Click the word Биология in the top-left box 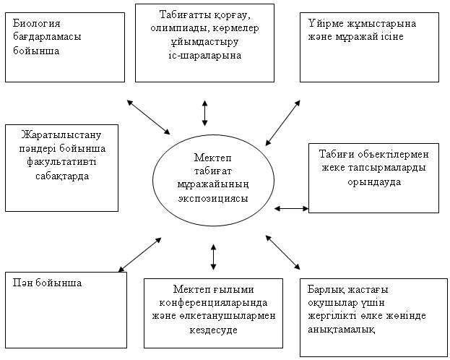(x=36, y=23)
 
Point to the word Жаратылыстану (x=61, y=134)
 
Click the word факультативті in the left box (x=61, y=162)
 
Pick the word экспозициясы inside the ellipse (x=213, y=199)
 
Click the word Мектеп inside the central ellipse (x=212, y=158)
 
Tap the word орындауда (x=374, y=182)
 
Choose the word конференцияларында (x=213, y=303)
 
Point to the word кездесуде (x=213, y=330)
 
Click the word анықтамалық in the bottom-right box (x=341, y=330)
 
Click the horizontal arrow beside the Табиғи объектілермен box (x=291, y=209)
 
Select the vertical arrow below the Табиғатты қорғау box (x=204, y=113)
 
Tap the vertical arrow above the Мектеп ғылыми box (x=213, y=257)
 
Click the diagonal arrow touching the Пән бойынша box (x=140, y=254)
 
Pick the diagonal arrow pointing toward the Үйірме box (x=282, y=123)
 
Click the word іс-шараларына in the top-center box (x=204, y=56)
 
